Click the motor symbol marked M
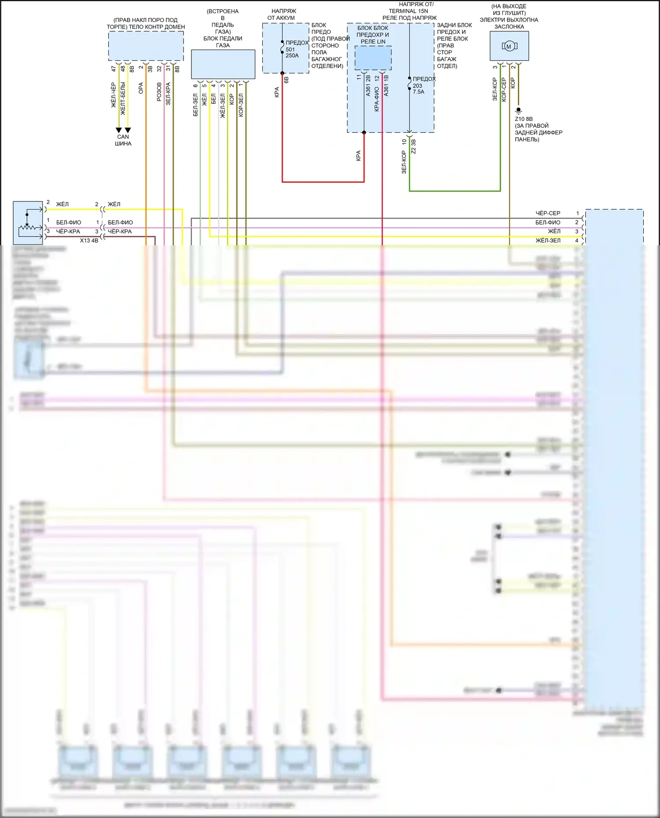(x=509, y=46)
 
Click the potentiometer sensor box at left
(x=28, y=223)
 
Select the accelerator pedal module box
(x=223, y=64)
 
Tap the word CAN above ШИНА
(x=123, y=137)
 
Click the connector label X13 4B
(x=89, y=240)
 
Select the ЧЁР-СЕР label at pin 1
(x=548, y=213)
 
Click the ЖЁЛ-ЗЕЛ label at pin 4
(x=548, y=240)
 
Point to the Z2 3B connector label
(x=413, y=146)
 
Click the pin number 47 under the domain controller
(x=114, y=69)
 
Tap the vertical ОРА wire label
(x=141, y=88)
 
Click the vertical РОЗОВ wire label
(x=159, y=92)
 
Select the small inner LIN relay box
(x=373, y=58)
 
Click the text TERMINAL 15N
(x=408, y=11)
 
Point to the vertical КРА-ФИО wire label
(x=377, y=99)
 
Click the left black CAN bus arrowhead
(x=118, y=130)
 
